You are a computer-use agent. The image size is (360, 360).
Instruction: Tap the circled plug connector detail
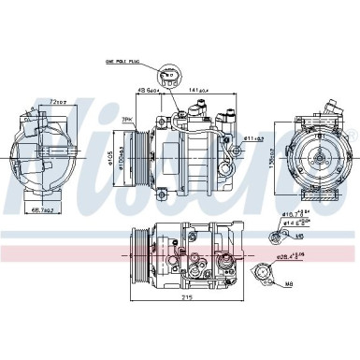pos(168,76)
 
